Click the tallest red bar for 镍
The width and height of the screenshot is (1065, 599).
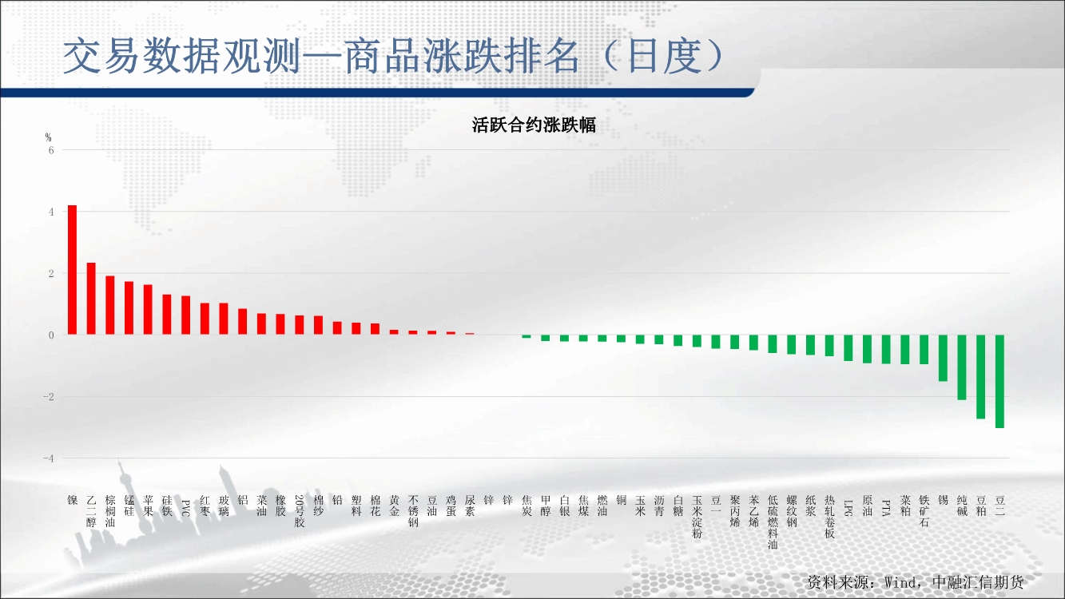point(72,270)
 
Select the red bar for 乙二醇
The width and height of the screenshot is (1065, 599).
point(91,299)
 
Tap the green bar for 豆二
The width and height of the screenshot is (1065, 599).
point(999,381)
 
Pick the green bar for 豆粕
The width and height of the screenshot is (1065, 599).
point(981,376)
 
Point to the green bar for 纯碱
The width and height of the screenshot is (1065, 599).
point(962,367)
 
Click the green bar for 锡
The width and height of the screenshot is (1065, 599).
point(943,358)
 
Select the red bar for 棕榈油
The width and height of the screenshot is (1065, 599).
point(110,305)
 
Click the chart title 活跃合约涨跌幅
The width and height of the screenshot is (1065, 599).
point(534,125)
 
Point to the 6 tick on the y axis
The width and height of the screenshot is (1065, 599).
point(51,150)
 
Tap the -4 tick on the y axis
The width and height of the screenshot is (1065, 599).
point(49,458)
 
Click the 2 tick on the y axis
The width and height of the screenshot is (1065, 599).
point(51,273)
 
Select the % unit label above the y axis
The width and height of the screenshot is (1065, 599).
point(48,137)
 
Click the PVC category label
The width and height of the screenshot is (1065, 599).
point(186,508)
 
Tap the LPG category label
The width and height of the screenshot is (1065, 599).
point(848,508)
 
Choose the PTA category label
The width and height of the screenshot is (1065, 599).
point(886,508)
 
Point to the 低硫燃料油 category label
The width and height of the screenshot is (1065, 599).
point(773,522)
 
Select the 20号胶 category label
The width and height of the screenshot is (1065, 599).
point(300,511)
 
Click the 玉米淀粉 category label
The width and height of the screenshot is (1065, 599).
point(697,517)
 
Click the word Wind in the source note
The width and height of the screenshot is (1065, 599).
point(900,582)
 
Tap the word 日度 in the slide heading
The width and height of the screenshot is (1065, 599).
point(665,56)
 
